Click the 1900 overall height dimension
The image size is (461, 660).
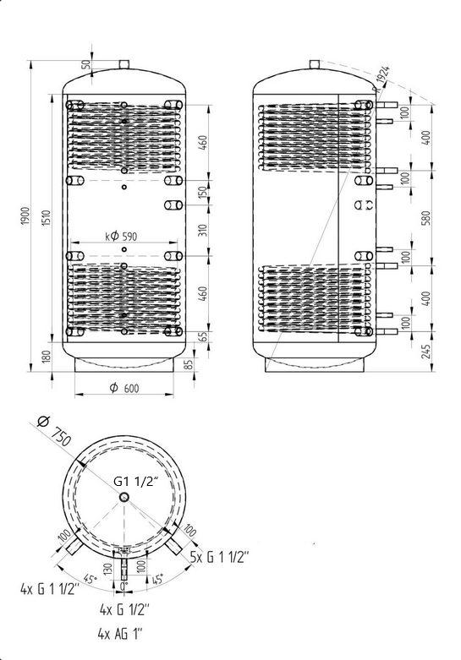click(x=25, y=215)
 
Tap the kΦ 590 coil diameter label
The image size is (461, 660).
click(x=121, y=237)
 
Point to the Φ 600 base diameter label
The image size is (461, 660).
click(x=124, y=388)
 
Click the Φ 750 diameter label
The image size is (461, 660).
click(x=54, y=431)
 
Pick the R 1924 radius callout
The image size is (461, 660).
click(x=382, y=79)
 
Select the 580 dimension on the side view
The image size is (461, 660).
click(x=426, y=218)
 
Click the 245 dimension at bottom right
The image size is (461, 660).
click(x=426, y=352)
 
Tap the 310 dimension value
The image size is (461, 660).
click(x=203, y=230)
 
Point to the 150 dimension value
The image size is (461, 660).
click(x=203, y=193)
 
